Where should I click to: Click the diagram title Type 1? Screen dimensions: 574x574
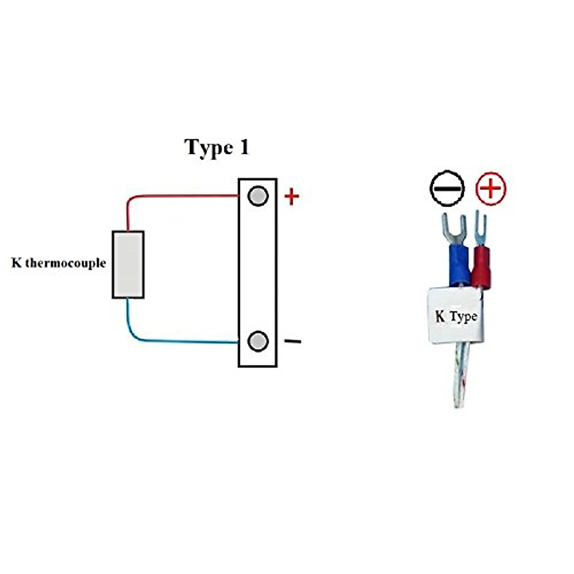tap(217, 147)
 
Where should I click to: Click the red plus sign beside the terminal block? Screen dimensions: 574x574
tap(292, 197)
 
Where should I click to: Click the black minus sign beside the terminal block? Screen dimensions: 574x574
tap(293, 342)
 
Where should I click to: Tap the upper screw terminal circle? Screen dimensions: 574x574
tap(258, 196)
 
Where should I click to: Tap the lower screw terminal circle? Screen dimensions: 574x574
tap(258, 341)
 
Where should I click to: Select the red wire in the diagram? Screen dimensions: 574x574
tap(182, 196)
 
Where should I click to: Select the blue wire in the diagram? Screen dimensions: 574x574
tap(182, 342)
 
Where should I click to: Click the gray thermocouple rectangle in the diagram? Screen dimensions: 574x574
tap(128, 265)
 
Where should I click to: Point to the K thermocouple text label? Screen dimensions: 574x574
tap(58, 263)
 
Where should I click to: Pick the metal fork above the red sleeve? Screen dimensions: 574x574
tap(480, 227)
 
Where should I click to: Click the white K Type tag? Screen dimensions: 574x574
tap(456, 316)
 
